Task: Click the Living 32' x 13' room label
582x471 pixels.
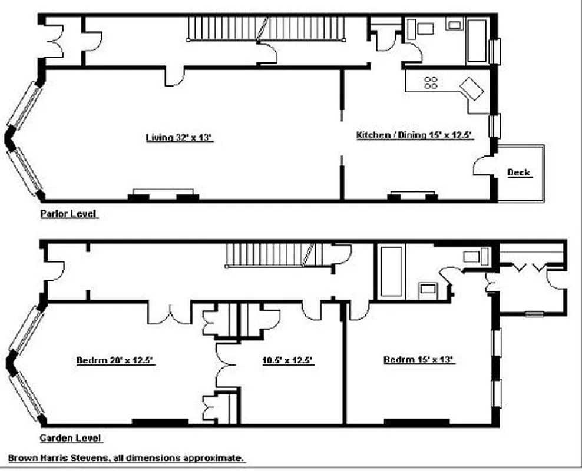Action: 178,138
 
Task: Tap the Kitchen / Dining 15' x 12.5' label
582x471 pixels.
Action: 415,135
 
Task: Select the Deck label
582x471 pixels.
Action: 518,173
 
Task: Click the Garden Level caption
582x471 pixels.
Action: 71,438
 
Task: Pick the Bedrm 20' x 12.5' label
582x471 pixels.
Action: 115,360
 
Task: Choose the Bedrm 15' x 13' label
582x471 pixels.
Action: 418,360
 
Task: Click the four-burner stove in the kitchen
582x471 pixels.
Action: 431,82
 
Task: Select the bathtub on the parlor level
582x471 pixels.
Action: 477,40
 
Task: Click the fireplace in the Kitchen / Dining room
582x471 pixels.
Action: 411,195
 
